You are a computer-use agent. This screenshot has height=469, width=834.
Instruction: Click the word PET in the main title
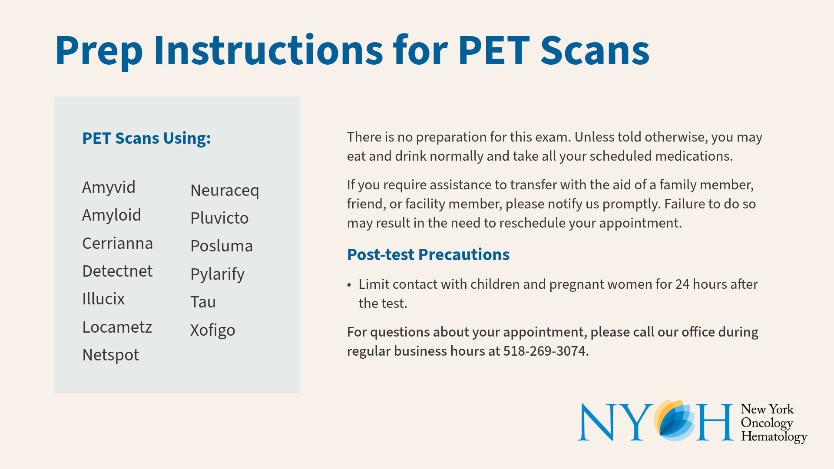(494, 51)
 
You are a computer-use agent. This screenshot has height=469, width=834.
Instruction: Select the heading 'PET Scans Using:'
(146, 138)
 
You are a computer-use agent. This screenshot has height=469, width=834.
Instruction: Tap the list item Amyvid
(109, 188)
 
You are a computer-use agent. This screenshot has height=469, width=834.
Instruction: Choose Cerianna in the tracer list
(117, 243)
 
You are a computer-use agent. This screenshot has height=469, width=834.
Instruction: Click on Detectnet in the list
(117, 271)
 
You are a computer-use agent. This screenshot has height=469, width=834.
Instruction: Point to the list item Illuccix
(103, 299)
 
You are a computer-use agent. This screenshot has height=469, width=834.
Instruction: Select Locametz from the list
(117, 327)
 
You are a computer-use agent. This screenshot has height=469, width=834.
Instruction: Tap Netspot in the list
(110, 355)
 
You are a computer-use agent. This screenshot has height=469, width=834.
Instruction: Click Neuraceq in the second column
(225, 191)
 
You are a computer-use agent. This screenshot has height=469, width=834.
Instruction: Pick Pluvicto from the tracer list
(219, 218)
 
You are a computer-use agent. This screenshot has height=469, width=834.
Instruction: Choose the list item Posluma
(222, 246)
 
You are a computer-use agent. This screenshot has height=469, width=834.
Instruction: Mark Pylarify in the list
(217, 274)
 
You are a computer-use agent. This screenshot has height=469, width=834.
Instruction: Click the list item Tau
(203, 302)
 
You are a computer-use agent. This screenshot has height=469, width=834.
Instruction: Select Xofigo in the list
(212, 330)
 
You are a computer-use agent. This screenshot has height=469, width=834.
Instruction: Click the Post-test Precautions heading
(428, 254)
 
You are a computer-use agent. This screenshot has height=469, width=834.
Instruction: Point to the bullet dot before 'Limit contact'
(349, 285)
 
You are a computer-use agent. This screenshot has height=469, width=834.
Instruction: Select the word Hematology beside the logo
(774, 436)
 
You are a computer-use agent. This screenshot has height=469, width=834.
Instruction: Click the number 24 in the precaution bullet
(682, 284)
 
